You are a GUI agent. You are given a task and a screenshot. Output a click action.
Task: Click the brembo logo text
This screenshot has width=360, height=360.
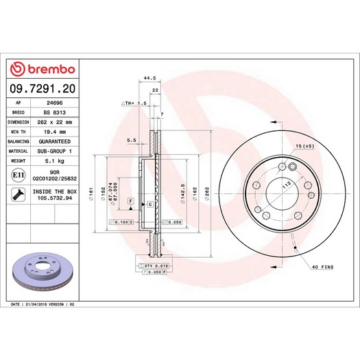click(x=51, y=69)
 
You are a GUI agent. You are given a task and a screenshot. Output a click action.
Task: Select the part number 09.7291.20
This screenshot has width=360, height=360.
click(x=43, y=88)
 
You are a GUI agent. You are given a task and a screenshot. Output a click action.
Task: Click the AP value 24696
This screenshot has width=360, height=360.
click(x=55, y=103)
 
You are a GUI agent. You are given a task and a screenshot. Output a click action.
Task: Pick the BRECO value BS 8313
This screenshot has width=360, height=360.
click(x=55, y=112)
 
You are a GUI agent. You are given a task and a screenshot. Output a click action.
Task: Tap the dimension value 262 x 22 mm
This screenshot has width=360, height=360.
click(x=55, y=122)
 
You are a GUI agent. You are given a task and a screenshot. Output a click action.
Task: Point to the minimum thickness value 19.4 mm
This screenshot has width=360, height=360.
click(x=55, y=132)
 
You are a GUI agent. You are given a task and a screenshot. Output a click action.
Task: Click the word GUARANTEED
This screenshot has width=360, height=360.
click(x=55, y=141)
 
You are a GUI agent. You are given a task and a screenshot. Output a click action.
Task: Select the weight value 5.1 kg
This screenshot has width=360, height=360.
click(x=55, y=161)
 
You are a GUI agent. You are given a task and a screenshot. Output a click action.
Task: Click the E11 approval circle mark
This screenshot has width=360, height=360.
click(x=18, y=175)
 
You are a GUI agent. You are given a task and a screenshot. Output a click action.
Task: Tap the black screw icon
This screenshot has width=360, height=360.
click(x=18, y=195)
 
